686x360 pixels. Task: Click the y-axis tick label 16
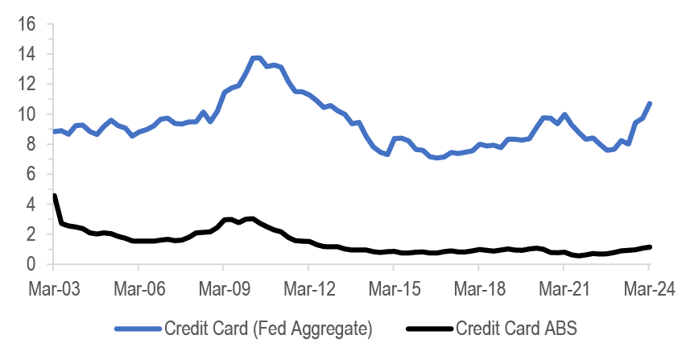[x=27, y=23]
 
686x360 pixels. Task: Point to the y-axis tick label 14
[x=27, y=53]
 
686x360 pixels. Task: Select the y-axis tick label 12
[x=27, y=84]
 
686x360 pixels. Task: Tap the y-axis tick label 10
[x=27, y=114]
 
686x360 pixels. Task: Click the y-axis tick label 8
[x=31, y=144]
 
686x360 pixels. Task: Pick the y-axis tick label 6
[x=31, y=174]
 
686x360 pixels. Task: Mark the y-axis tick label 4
[x=31, y=205]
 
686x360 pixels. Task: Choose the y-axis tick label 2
[x=31, y=234]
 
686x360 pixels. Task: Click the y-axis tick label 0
[x=31, y=264]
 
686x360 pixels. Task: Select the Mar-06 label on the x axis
[x=138, y=288]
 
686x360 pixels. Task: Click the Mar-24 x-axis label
[x=650, y=288]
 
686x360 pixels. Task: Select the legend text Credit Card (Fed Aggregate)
[x=269, y=328]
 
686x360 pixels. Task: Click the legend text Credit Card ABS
[x=517, y=328]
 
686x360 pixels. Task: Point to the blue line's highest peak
[x=256, y=57]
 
